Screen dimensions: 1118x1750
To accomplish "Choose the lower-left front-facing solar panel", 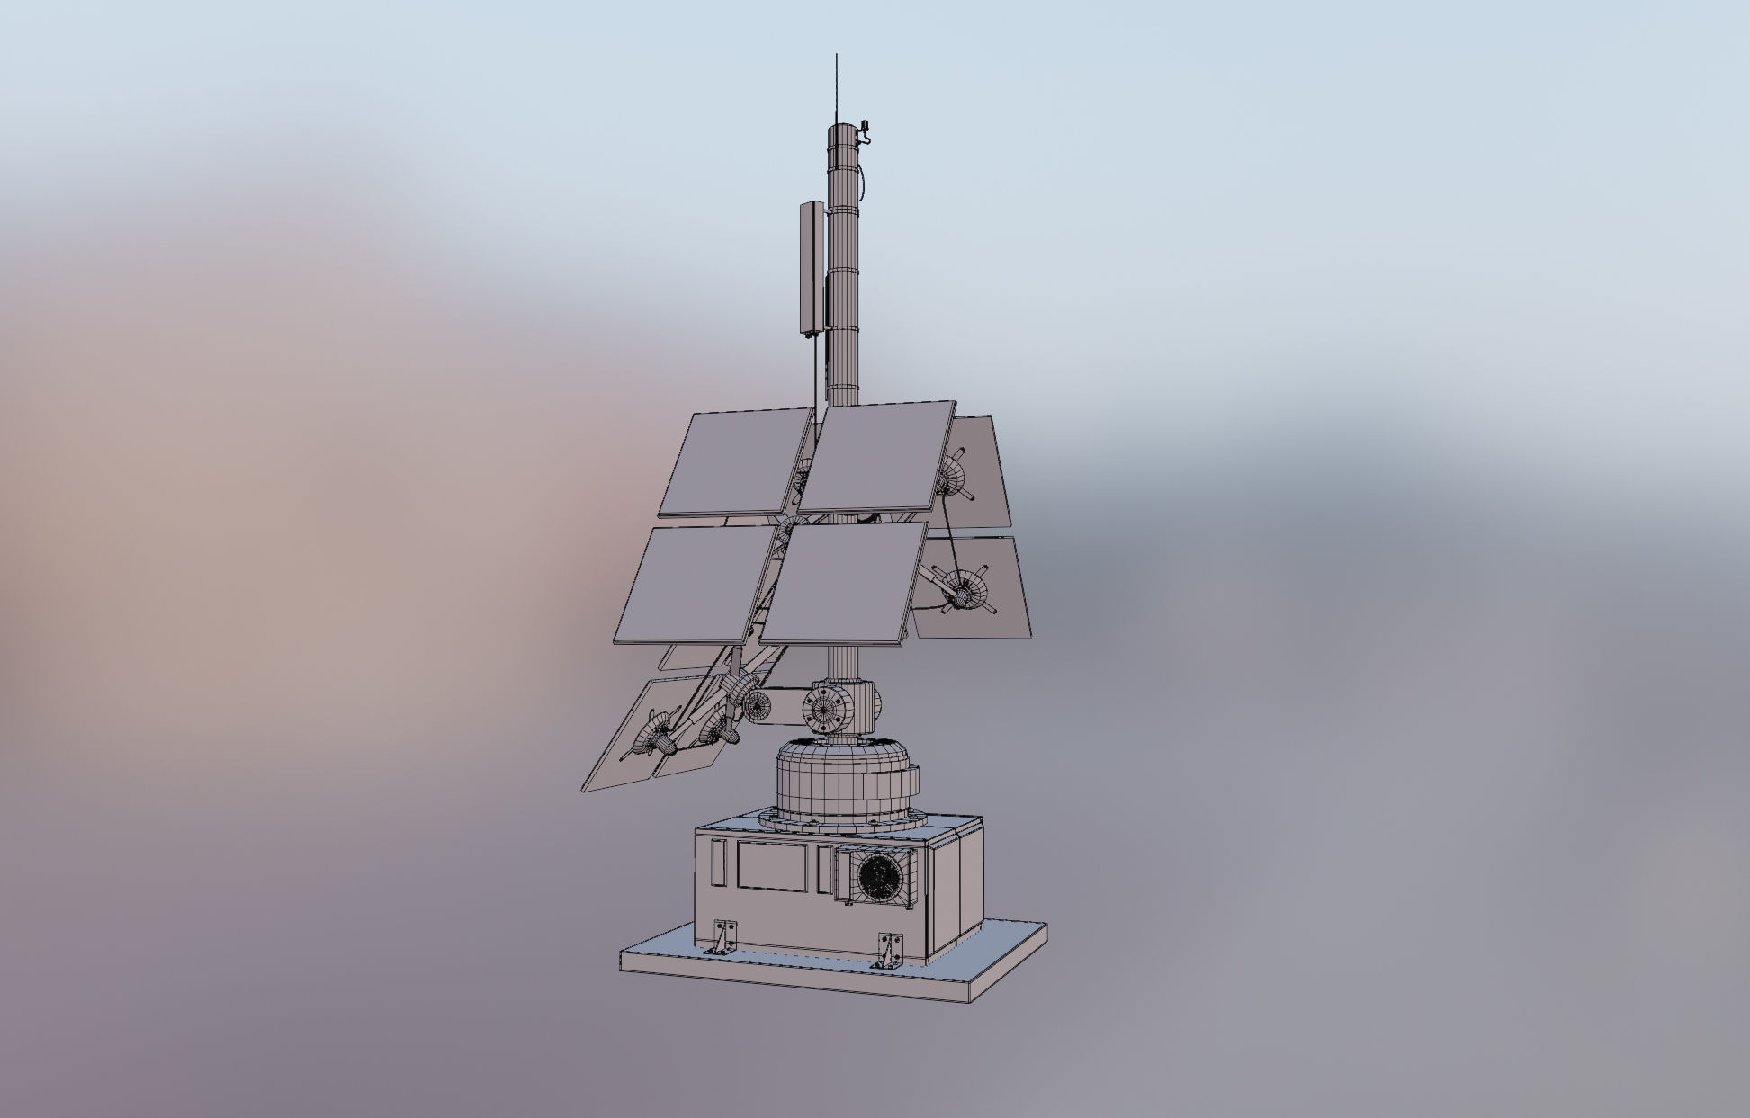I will click(695, 585).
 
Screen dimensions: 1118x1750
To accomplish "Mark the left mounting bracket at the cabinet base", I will click(722, 937).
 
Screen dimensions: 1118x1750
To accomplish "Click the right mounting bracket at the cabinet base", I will click(890, 950).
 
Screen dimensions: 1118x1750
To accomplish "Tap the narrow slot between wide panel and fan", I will click(824, 870).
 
